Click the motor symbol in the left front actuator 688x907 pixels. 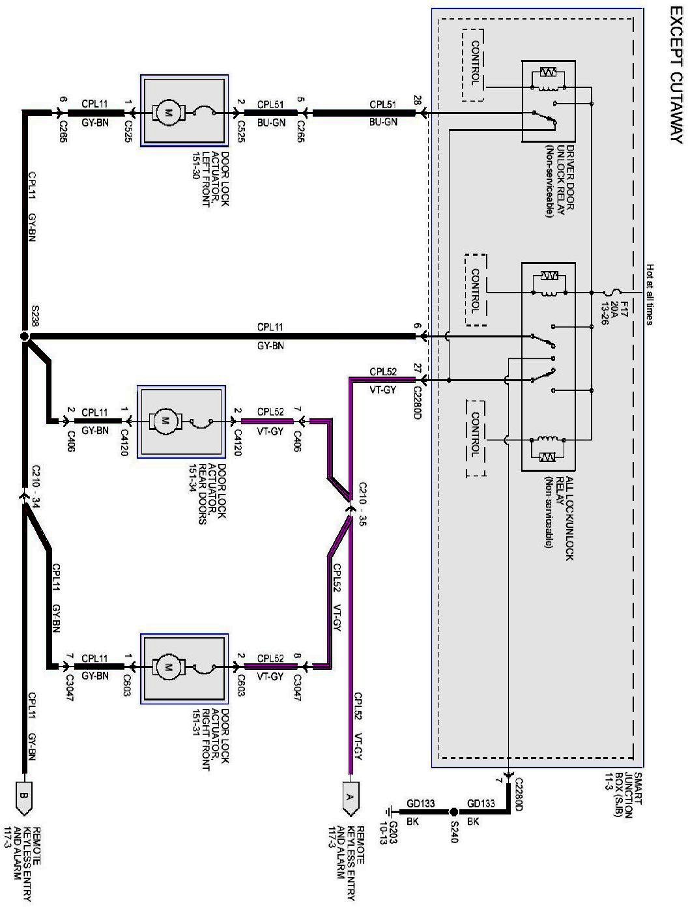[x=169, y=113]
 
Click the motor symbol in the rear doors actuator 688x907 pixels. [x=165, y=422]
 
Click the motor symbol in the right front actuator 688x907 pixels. [x=169, y=667]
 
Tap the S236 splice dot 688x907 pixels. [x=24, y=336]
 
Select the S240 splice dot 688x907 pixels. [x=453, y=813]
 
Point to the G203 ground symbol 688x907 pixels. [x=390, y=813]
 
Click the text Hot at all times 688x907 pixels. [x=650, y=294]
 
